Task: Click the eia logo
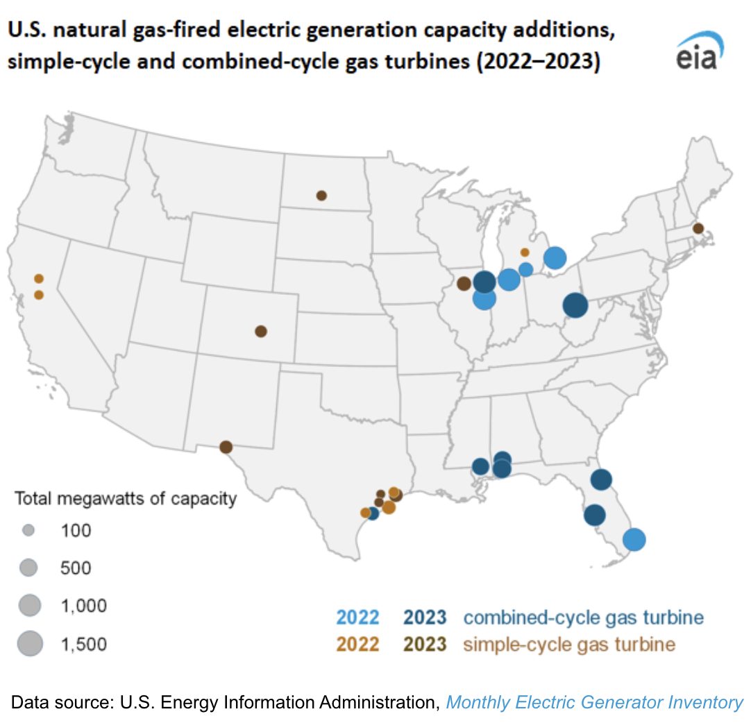700,51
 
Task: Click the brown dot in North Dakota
322,196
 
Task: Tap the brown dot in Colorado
260,331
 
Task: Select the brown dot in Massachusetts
698,228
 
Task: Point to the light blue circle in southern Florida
634,540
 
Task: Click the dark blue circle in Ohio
575,305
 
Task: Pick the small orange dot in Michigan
525,253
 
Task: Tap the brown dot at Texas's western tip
226,448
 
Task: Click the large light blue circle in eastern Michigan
555,257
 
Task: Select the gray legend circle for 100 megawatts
28,530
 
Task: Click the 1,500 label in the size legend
84,644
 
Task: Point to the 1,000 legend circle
30,605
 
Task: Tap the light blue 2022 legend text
357,617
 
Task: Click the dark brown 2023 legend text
425,645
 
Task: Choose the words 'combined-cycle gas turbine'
583,618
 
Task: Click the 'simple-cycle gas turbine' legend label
569,645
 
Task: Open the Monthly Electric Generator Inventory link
594,702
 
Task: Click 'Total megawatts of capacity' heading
126,498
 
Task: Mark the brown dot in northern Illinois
464,284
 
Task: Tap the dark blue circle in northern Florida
601,479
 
